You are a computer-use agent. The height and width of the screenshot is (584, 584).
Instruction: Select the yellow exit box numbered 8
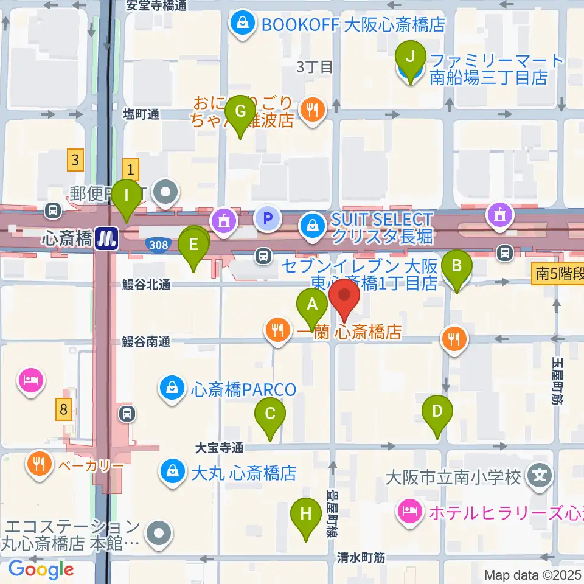[63, 409]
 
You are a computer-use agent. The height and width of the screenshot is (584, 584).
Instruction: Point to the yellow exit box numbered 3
[75, 161]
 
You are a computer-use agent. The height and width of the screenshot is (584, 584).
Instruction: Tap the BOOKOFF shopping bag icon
[242, 25]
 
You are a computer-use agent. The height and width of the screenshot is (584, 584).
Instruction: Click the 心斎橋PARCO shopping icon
[172, 388]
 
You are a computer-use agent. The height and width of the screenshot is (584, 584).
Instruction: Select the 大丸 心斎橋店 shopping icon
[172, 471]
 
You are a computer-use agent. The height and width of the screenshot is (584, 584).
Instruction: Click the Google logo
[41, 569]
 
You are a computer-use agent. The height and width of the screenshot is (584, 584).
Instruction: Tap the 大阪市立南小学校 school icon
[540, 473]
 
